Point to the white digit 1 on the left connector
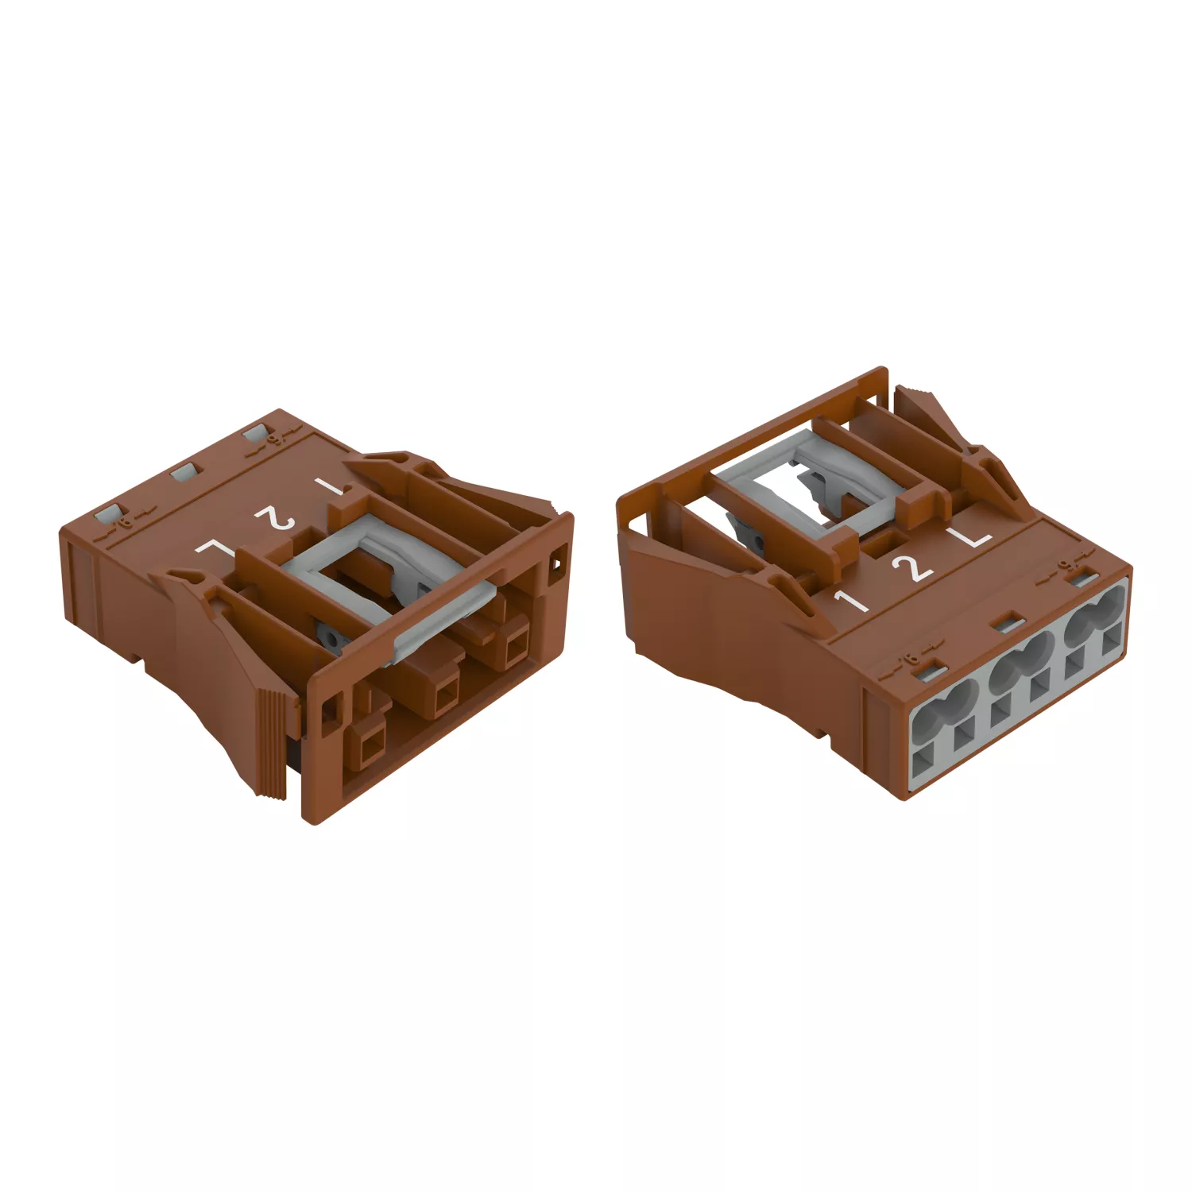[329, 486]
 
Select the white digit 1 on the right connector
[851, 600]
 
